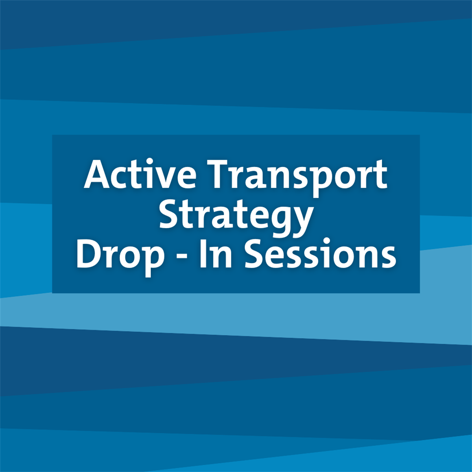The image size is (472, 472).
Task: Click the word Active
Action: point(140,174)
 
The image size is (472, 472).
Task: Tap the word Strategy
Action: point(236,216)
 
